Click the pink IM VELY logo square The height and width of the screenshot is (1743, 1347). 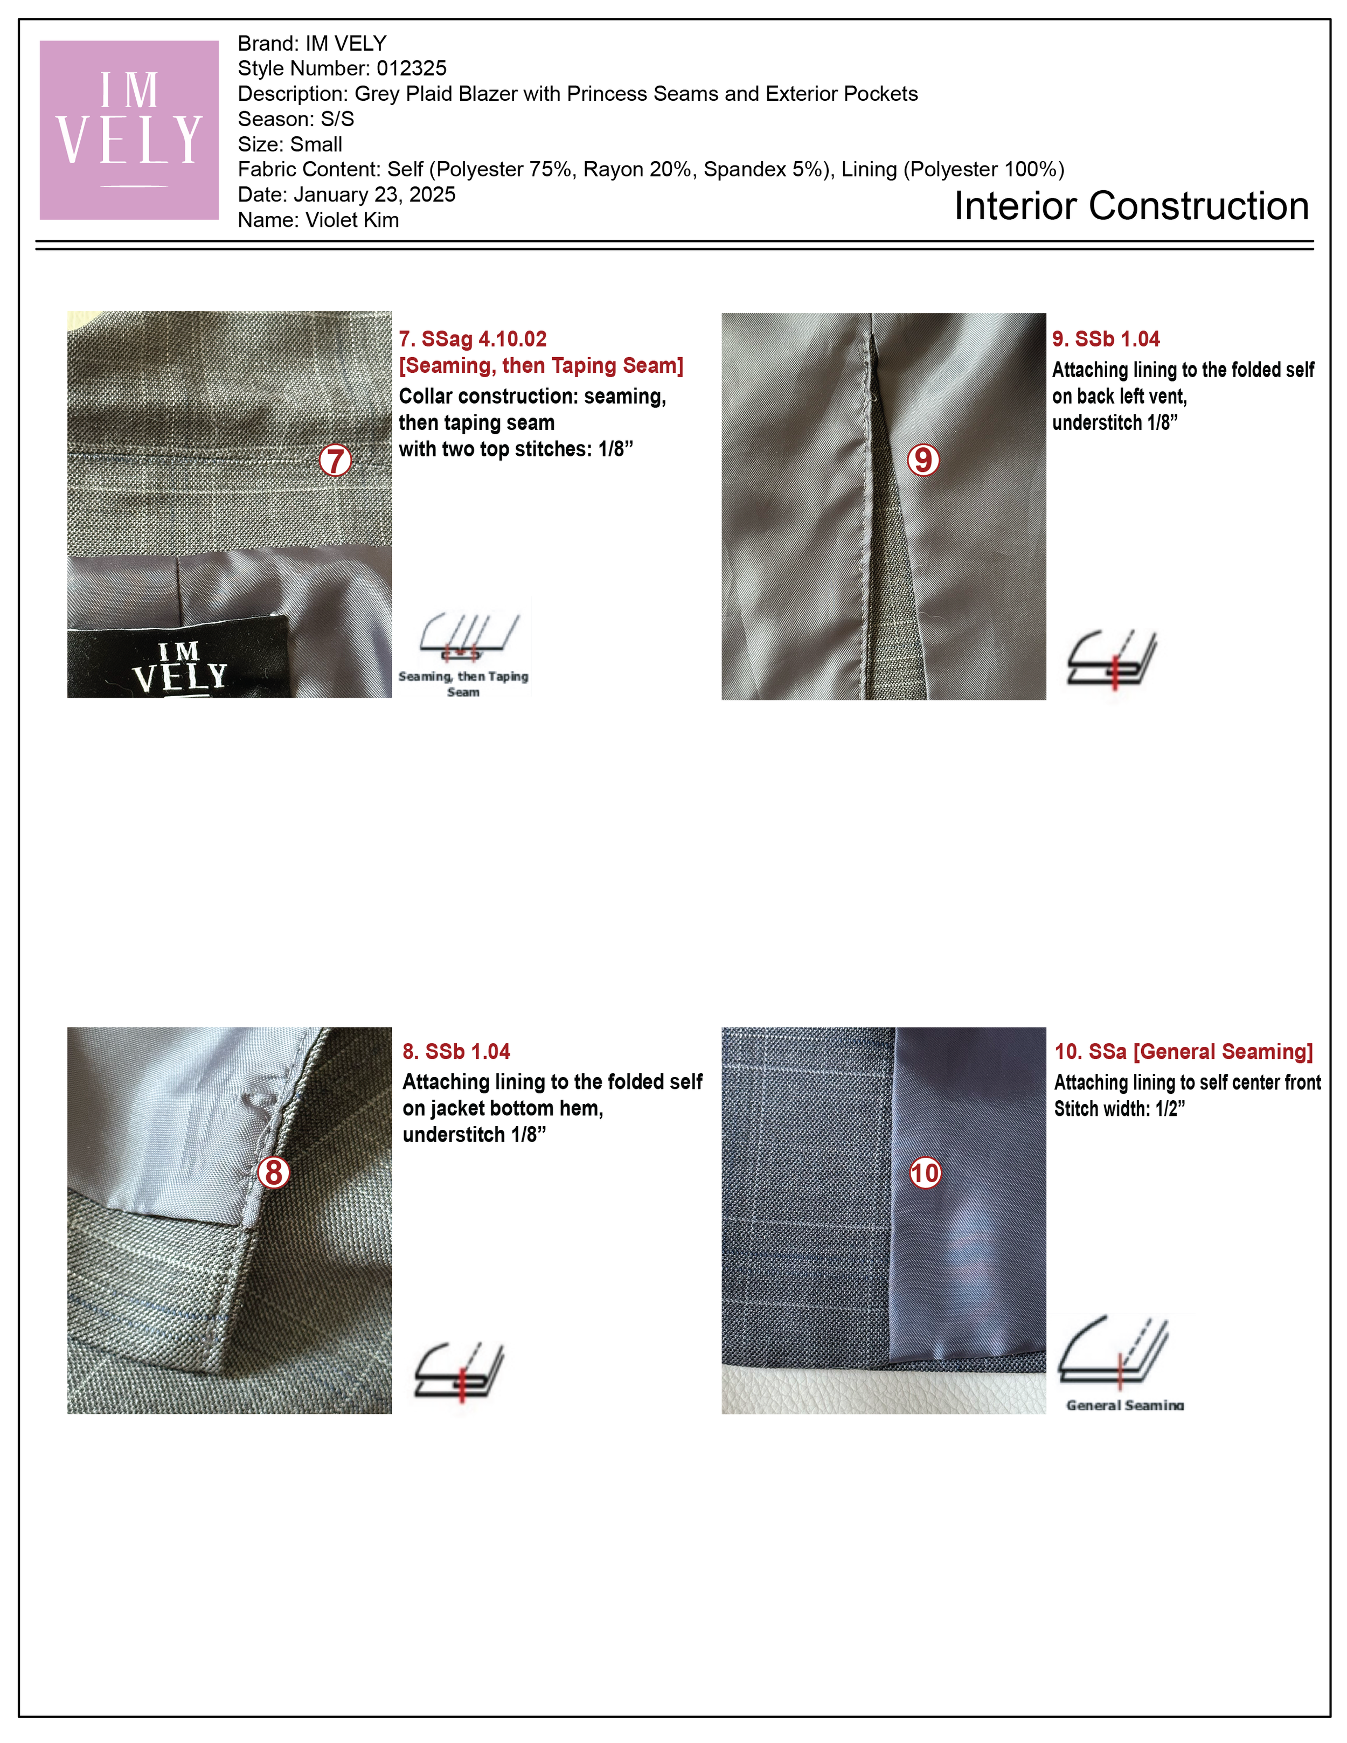point(129,130)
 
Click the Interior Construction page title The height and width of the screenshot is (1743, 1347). point(1131,206)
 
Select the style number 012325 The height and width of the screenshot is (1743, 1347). point(411,68)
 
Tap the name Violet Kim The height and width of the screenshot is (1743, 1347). point(352,220)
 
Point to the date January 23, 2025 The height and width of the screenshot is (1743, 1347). point(374,195)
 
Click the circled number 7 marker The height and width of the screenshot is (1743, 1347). point(335,461)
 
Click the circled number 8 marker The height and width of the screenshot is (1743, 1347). point(274,1172)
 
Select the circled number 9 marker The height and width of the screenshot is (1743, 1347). point(922,460)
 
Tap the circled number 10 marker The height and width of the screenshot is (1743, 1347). point(925,1172)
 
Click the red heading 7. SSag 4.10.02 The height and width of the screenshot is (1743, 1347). point(473,339)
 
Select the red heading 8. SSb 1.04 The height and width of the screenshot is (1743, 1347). point(456,1051)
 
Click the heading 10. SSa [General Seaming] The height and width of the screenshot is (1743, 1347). point(1183,1051)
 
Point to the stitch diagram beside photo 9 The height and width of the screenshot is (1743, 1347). point(1112,658)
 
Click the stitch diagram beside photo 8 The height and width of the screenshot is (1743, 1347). point(459,1371)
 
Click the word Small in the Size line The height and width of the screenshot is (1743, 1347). point(317,144)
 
